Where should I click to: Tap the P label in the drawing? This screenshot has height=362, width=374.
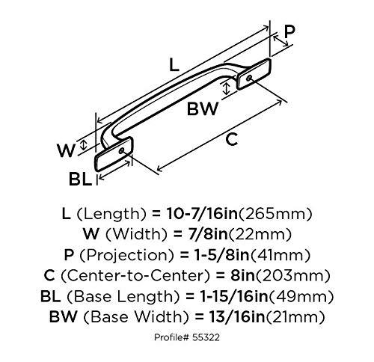(289, 31)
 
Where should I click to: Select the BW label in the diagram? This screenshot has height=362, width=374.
(203, 109)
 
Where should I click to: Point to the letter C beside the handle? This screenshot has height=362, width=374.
(232, 139)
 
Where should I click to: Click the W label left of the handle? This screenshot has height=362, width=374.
(66, 150)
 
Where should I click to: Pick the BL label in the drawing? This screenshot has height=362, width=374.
(80, 179)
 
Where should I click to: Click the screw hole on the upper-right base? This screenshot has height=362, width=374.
(248, 78)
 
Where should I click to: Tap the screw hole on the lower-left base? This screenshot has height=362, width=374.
(122, 151)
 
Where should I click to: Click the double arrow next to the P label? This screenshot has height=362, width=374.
(280, 41)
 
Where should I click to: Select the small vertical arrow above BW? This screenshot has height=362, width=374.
(227, 88)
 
